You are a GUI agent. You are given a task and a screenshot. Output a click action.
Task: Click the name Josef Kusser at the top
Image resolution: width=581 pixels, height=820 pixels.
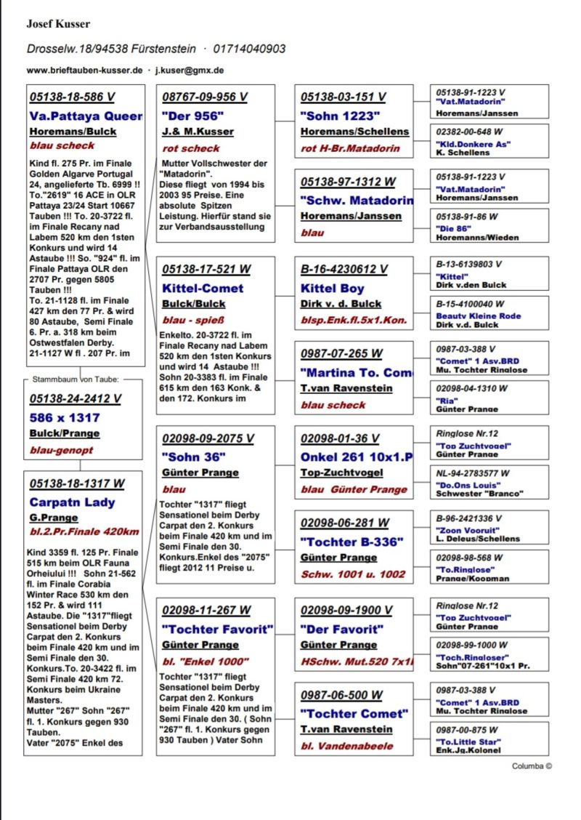(58, 24)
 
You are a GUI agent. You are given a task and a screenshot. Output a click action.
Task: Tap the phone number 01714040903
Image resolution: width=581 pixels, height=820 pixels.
(250, 49)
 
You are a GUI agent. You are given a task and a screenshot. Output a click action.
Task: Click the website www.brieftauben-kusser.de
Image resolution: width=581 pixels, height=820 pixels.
(84, 71)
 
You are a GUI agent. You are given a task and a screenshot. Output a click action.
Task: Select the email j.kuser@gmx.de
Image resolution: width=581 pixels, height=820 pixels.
(190, 71)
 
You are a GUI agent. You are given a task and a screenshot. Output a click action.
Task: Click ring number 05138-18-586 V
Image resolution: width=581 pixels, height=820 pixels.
(72, 97)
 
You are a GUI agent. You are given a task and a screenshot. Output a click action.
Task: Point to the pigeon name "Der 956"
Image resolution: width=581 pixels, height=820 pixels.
(192, 116)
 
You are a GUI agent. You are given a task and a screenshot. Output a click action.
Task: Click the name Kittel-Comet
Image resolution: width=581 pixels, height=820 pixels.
(203, 288)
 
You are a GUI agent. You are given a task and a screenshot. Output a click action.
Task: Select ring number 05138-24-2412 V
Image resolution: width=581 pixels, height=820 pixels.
(76, 399)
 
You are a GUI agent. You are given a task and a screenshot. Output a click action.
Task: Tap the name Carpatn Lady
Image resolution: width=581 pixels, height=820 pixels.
(72, 502)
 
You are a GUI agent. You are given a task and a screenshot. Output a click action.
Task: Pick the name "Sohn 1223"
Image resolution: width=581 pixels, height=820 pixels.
(340, 116)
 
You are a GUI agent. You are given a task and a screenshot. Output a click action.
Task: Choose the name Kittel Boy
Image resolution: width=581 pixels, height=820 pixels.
(333, 288)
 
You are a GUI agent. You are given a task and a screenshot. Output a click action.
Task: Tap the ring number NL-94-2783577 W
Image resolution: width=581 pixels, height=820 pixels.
(473, 473)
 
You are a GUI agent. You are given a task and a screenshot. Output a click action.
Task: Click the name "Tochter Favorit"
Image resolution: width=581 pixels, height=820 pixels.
(217, 629)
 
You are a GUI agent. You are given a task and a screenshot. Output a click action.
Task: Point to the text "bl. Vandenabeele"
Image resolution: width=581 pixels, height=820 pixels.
(346, 746)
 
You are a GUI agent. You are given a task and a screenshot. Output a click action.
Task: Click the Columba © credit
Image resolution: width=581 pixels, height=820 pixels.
(532, 765)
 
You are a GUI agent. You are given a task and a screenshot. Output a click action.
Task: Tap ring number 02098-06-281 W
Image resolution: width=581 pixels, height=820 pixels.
(344, 523)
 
